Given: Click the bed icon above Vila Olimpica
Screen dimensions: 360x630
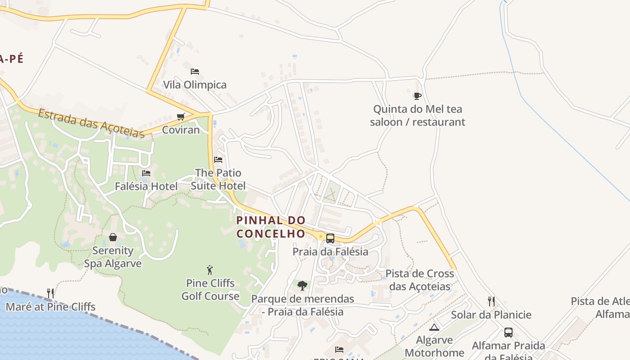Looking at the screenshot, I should (195, 71).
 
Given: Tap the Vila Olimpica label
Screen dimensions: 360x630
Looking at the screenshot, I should (195, 85).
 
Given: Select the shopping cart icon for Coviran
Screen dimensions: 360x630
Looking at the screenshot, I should (181, 117).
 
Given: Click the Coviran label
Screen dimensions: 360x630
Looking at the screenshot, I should (180, 130).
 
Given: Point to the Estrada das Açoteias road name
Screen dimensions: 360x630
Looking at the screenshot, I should (91, 123).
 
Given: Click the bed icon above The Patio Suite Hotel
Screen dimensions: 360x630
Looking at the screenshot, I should (218, 159).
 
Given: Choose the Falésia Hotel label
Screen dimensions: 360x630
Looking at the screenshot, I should (146, 186).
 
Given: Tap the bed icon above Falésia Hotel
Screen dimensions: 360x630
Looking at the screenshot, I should (146, 173).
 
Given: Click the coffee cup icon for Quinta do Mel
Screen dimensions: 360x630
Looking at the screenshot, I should (418, 95).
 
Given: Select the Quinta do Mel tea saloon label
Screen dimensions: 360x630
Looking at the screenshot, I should (418, 115).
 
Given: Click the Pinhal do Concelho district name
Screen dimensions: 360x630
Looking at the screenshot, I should (271, 227).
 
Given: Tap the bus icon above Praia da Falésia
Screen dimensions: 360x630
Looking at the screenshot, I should (330, 238).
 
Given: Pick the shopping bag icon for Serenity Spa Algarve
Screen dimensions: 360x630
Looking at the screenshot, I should (113, 237).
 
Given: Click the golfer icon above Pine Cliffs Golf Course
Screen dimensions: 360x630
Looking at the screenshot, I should (210, 270).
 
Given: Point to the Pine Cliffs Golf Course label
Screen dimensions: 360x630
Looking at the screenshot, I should (210, 289).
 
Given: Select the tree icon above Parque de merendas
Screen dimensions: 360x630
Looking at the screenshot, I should (302, 285).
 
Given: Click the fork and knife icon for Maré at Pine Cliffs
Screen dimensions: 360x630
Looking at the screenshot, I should (50, 293).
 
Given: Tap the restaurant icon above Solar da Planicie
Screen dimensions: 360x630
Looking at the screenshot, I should (491, 301).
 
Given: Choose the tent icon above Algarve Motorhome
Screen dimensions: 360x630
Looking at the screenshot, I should (434, 327).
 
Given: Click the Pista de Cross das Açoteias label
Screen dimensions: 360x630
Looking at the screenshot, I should (420, 280).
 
